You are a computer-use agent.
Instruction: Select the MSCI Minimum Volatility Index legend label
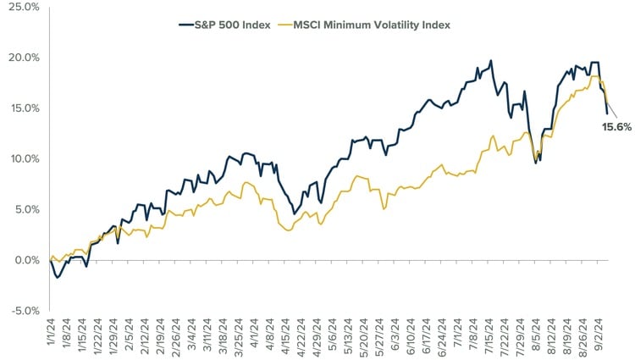point(372,25)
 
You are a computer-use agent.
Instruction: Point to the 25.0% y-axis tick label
point(23,7)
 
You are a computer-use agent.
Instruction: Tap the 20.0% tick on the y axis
point(23,58)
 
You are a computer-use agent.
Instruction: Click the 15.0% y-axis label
point(23,108)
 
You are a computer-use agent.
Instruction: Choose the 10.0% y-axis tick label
point(23,158)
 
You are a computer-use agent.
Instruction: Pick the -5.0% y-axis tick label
point(24,310)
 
